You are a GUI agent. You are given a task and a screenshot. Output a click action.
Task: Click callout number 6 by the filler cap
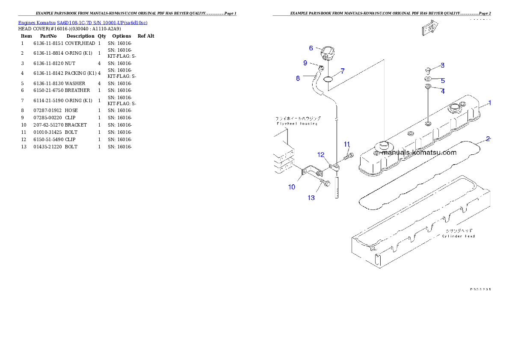[x=311, y=48]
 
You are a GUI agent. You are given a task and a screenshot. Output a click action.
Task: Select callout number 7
[x=343, y=71]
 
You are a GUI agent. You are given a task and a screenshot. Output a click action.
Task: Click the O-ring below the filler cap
[x=328, y=79]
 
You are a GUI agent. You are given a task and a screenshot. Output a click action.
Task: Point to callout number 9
[x=305, y=63]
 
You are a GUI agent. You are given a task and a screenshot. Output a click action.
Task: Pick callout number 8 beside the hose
[x=298, y=78]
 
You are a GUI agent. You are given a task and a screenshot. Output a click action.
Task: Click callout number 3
[x=442, y=65]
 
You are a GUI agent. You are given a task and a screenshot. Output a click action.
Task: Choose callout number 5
[x=443, y=80]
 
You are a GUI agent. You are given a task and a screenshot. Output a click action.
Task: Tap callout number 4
[x=443, y=91]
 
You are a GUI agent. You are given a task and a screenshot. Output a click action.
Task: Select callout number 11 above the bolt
[x=347, y=144]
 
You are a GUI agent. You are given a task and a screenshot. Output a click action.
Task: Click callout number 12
[x=321, y=154]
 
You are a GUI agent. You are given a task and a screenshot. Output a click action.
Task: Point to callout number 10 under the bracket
[x=292, y=187]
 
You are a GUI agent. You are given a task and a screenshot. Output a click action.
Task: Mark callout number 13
[x=311, y=198]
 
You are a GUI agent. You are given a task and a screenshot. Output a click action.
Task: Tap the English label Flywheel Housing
[x=297, y=124]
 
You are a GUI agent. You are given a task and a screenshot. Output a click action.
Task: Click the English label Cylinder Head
[x=458, y=236]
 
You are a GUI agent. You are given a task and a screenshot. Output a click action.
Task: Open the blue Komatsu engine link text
[x=83, y=23]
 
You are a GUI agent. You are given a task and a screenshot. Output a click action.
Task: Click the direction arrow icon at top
[x=429, y=29]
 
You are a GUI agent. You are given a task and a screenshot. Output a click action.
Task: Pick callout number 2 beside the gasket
[x=488, y=139]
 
